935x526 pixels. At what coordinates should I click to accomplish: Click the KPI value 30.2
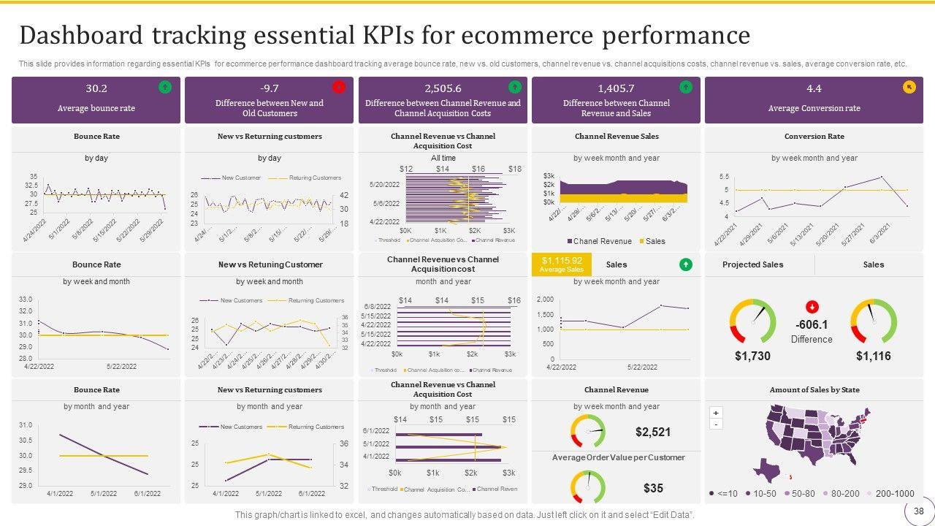(96, 88)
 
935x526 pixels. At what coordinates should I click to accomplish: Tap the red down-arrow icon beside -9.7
(338, 88)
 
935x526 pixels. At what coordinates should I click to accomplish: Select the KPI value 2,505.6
(443, 88)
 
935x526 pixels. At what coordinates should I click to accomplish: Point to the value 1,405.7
(616, 88)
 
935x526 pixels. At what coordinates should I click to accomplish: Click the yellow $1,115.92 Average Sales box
(561, 264)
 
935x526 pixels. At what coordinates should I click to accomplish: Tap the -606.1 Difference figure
(812, 325)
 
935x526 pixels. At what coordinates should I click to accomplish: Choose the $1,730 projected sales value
(752, 356)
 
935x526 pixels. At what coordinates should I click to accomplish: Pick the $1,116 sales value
(873, 356)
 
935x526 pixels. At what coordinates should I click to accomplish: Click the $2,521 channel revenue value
(652, 432)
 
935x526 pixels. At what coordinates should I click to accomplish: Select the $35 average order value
(653, 487)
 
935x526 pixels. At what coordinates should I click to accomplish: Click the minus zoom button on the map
(716, 424)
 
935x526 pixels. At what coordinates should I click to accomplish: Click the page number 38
(918, 511)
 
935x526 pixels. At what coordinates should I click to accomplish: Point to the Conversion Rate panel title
(814, 137)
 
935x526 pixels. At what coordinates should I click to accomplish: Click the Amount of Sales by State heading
(814, 390)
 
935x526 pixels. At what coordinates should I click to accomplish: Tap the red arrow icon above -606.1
(812, 307)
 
